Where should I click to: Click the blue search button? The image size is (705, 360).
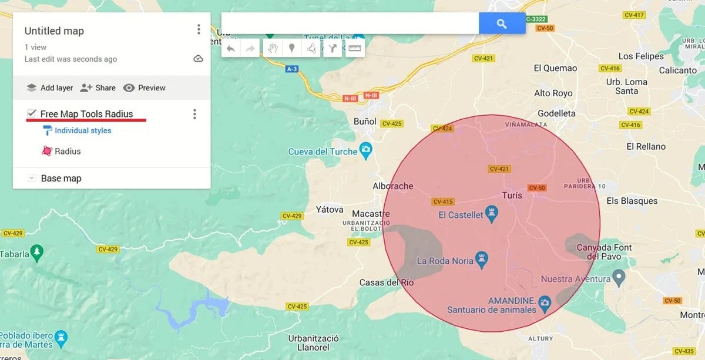502,23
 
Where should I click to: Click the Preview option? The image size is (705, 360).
145,88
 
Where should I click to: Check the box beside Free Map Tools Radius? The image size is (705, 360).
32,113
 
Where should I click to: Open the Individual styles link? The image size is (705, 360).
83,130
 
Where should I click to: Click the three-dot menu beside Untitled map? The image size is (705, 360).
199,29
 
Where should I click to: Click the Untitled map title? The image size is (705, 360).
54,31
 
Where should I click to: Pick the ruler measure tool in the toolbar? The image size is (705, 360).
354,49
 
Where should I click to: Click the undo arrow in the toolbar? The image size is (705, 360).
231,49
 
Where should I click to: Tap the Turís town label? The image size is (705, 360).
512,196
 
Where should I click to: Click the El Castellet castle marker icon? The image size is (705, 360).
492,211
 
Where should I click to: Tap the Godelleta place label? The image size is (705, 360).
556,113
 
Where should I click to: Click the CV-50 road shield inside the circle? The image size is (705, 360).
537,188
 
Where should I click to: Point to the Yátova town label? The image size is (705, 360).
329,209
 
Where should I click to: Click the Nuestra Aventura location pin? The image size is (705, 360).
618,276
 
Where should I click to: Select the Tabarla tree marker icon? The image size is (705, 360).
37,252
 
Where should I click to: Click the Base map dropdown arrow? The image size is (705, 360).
32,179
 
